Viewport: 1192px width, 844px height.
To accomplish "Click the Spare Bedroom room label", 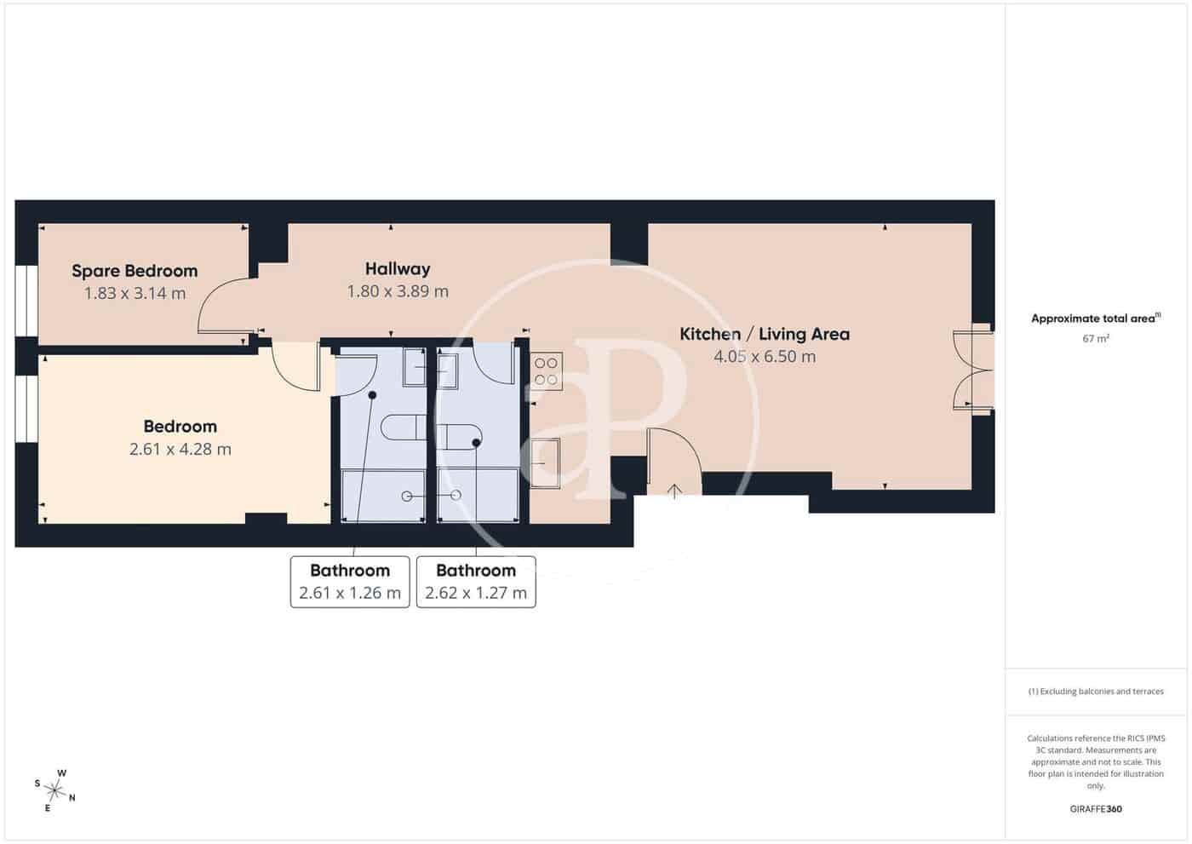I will [135, 271].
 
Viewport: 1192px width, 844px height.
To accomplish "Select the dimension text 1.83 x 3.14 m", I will [135, 294].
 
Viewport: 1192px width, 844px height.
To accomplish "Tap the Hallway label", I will [398, 268].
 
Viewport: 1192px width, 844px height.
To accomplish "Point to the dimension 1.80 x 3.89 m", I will [398, 291].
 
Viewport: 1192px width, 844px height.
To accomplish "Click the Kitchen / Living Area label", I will [764, 334].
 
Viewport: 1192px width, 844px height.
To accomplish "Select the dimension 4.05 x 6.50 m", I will [764, 357].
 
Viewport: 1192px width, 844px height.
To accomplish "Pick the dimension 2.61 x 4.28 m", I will [181, 449].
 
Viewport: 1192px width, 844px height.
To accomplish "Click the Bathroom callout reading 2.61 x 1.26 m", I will [350, 582].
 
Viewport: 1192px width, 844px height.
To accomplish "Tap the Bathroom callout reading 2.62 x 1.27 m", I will [476, 582].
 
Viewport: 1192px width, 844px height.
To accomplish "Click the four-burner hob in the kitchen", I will [546, 371].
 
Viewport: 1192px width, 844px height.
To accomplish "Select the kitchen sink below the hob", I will [545, 462].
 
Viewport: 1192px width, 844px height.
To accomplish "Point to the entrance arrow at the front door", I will [674, 491].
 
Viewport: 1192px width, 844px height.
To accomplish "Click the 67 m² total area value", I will [1095, 339].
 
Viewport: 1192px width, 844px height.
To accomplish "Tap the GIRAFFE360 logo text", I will [1095, 808].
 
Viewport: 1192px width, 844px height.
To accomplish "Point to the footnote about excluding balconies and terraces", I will [1095, 692].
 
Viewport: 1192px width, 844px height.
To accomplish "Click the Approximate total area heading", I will [1095, 319].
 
